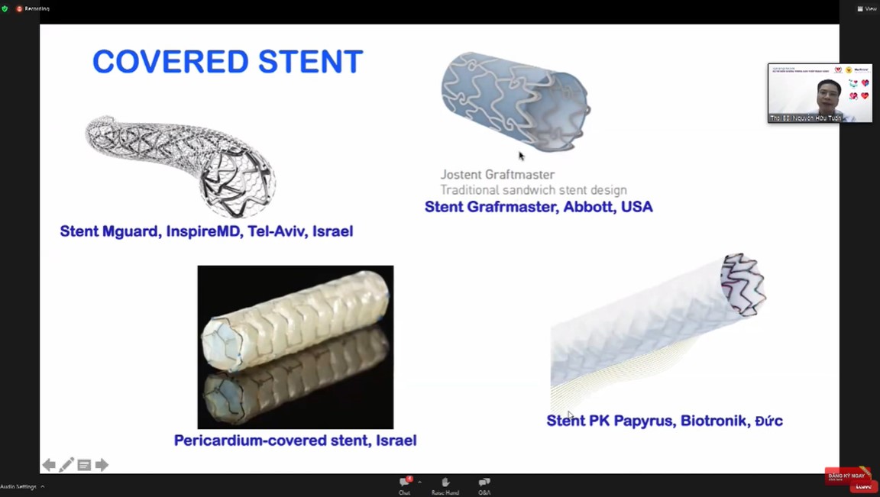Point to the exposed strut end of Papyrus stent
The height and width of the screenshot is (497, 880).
point(742,283)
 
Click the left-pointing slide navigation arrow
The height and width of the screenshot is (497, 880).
point(49,464)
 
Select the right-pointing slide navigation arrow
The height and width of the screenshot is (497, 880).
point(102,464)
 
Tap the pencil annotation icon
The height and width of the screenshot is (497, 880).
point(66,464)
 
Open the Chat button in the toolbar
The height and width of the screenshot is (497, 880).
point(405,485)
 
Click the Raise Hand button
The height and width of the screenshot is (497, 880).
point(445,485)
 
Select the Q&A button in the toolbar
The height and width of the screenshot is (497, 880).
point(484,485)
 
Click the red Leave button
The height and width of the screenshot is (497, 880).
point(863,486)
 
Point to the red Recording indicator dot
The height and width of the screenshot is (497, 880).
point(20,8)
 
